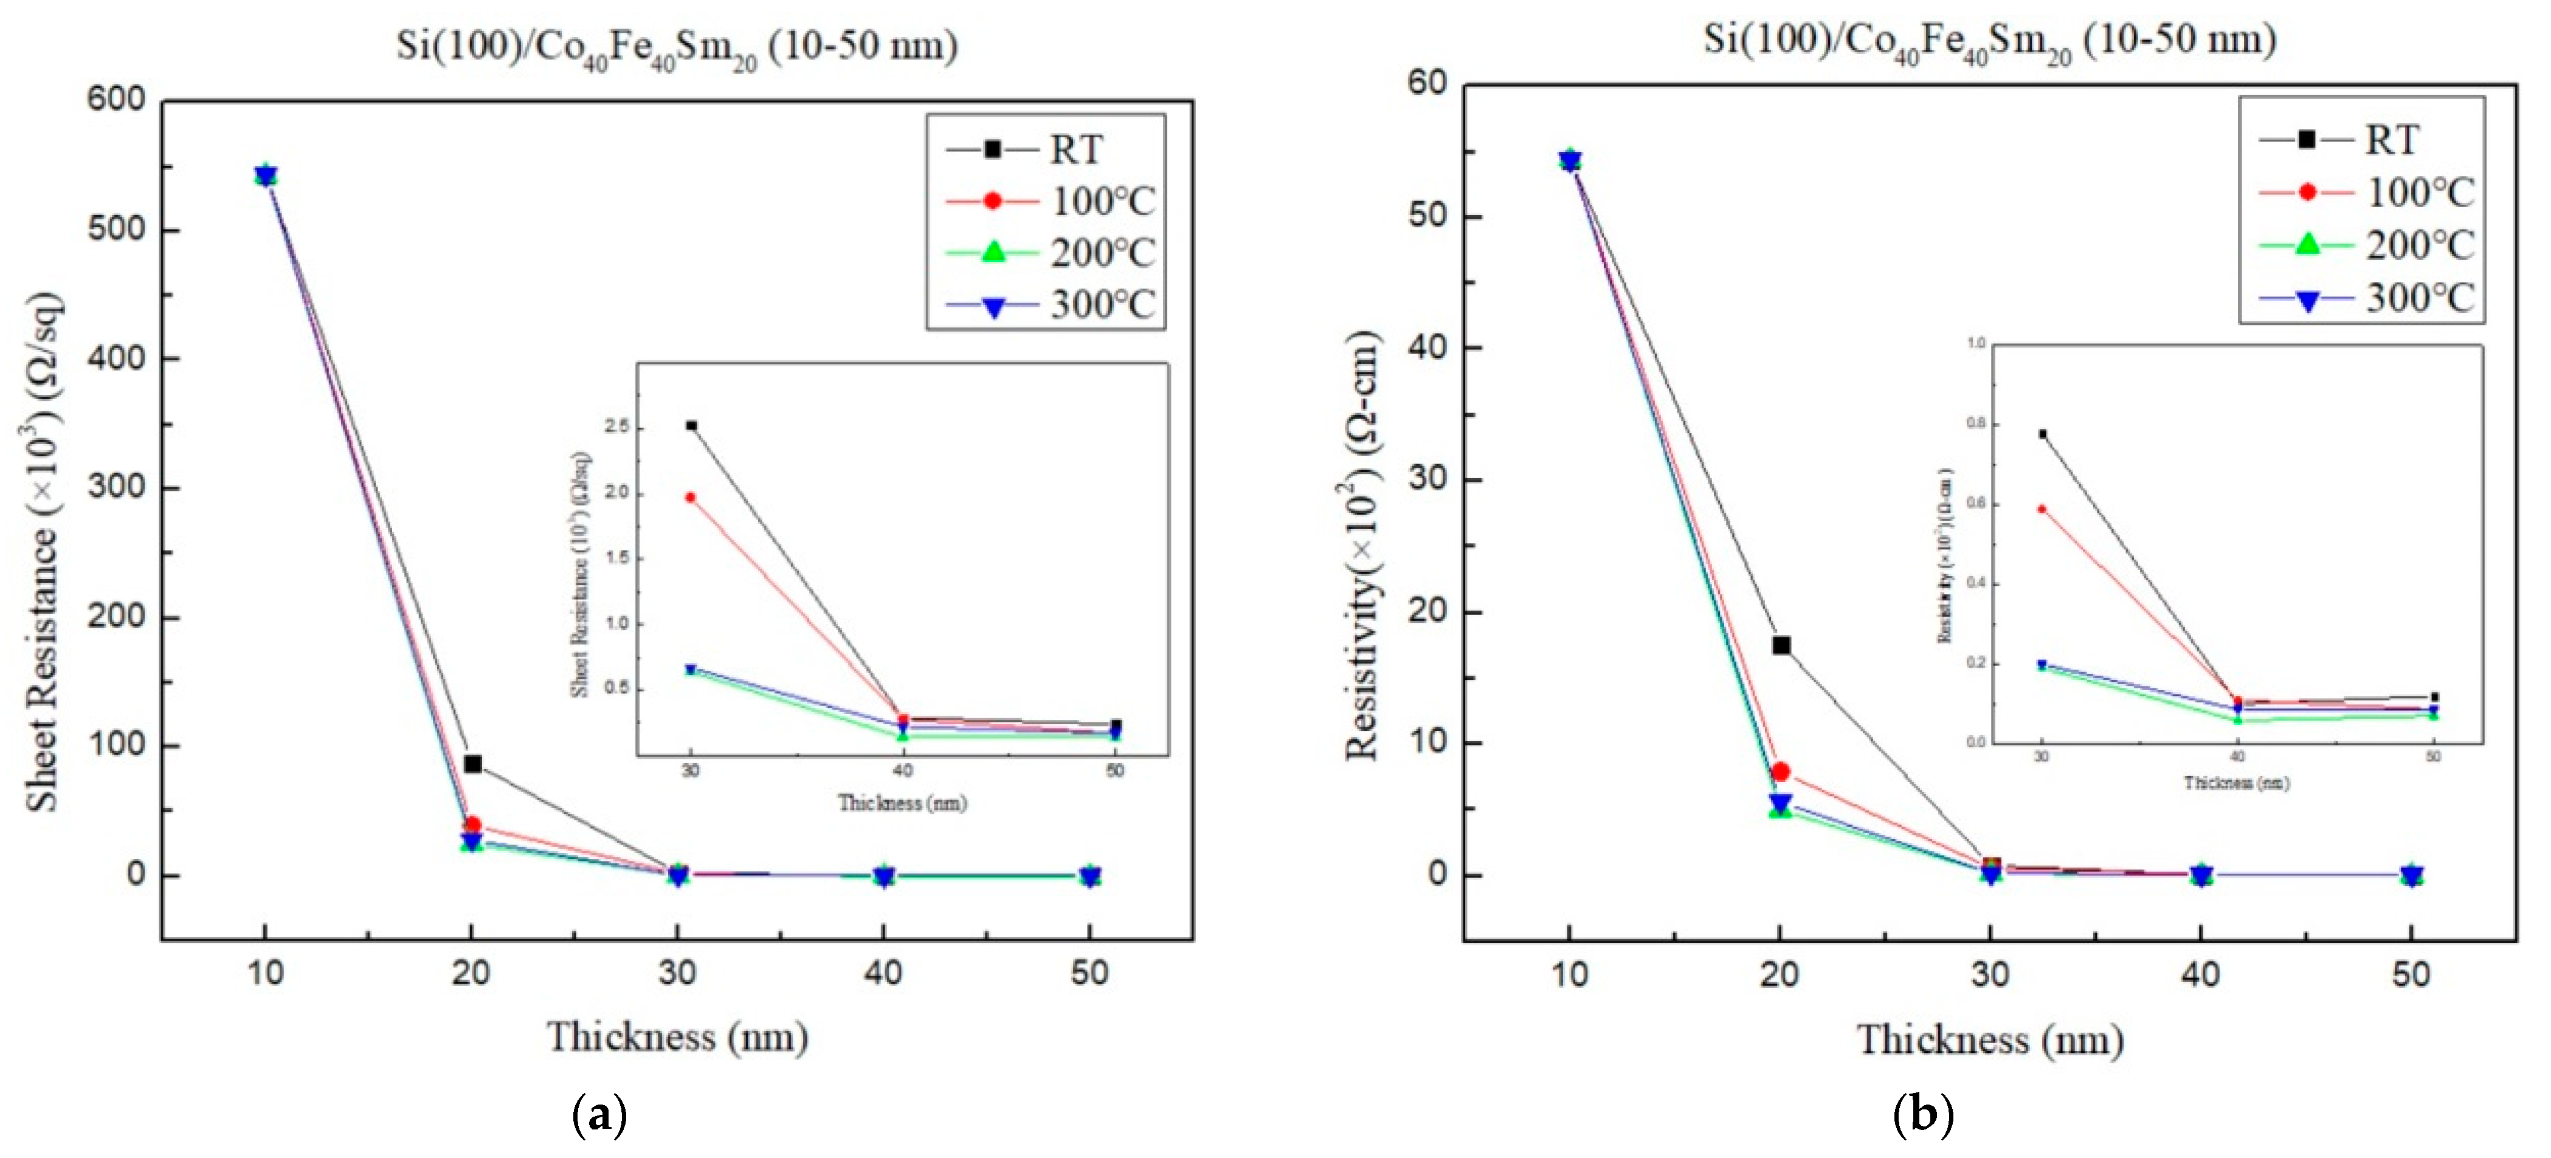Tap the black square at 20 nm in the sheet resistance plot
(x=472, y=764)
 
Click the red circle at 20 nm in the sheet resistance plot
(x=472, y=824)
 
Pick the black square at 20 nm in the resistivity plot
(x=1781, y=645)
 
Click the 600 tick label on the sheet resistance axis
(x=116, y=99)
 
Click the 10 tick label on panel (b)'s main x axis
(x=1570, y=975)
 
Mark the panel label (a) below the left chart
(x=600, y=1115)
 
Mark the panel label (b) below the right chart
(x=1923, y=1115)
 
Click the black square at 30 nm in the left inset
(x=691, y=425)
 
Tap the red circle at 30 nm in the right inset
(x=2041, y=509)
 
